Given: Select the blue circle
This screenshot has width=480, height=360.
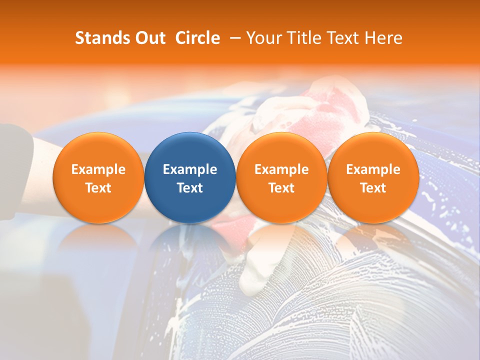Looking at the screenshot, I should click(190, 177).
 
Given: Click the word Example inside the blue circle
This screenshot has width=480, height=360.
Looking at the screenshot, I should click(190, 169).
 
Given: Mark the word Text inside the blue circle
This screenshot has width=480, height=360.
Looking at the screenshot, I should click(190, 188).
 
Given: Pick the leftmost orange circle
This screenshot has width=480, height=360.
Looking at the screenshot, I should click(98, 177).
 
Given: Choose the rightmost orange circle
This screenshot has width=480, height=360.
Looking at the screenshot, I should click(373, 177).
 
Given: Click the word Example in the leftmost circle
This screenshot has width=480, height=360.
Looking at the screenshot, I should click(98, 169).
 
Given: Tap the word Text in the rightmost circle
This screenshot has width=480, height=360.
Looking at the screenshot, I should click(373, 188).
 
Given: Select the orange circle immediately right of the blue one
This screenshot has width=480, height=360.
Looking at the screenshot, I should click(281, 177).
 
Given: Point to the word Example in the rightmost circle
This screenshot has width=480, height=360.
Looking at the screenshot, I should click(373, 169).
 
